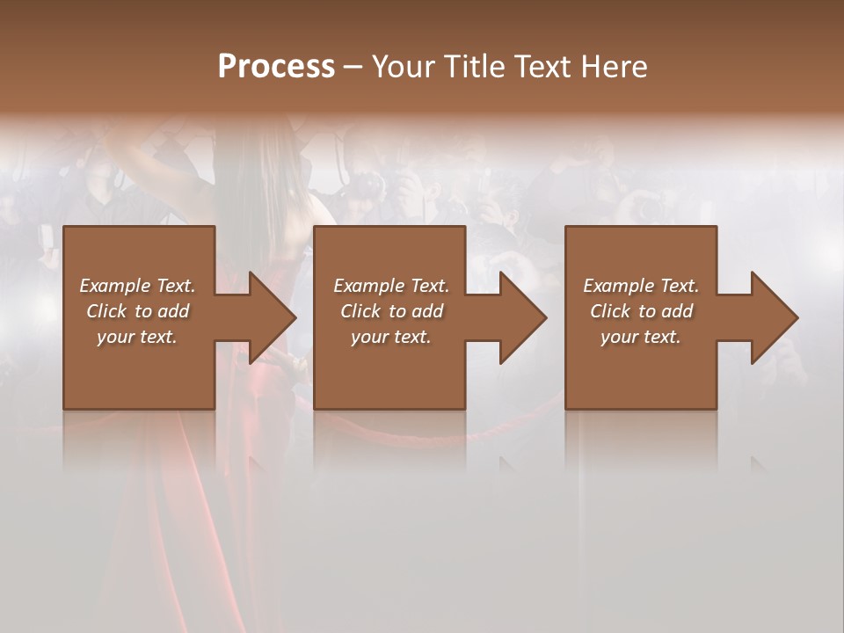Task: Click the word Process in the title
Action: tap(276, 67)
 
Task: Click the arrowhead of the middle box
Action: tap(521, 317)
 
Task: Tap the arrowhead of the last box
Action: tap(773, 317)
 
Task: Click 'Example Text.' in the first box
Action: tap(137, 286)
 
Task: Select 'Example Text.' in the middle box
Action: tap(391, 286)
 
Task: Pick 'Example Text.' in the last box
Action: tap(641, 286)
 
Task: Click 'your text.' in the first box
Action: tap(137, 337)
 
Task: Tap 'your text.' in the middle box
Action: tap(391, 337)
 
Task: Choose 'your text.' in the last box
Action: tap(641, 337)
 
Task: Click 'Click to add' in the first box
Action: tap(137, 311)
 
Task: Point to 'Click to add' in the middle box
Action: tap(391, 311)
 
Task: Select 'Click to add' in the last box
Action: tap(641, 311)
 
